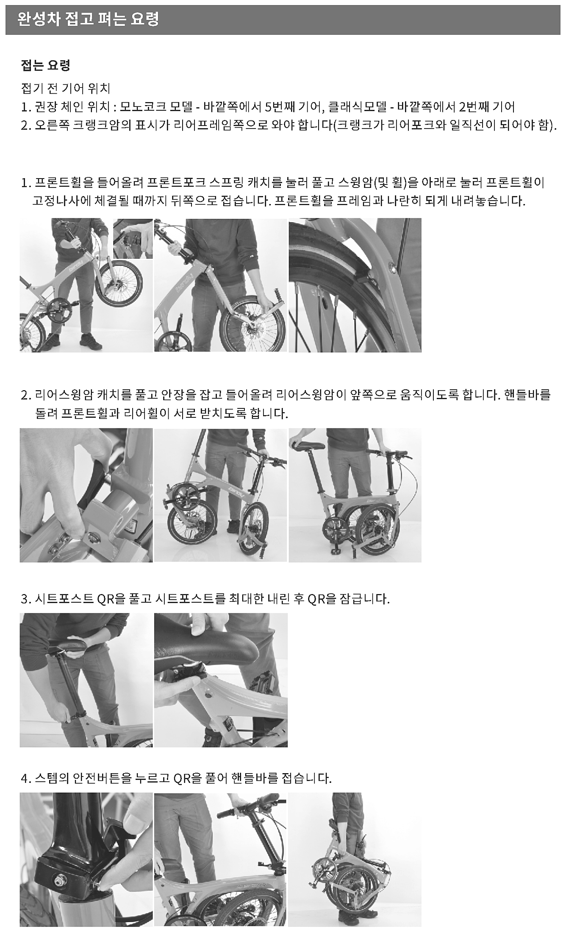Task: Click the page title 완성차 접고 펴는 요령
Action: pos(88,20)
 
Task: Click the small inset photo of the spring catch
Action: pos(133,238)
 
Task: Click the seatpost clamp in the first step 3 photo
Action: pos(78,716)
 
